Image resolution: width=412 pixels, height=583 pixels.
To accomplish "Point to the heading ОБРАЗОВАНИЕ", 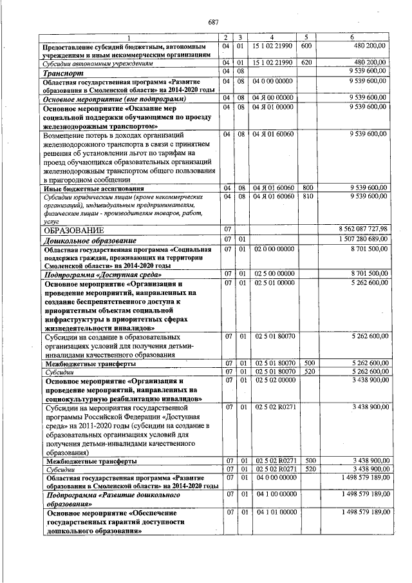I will click(x=70, y=229).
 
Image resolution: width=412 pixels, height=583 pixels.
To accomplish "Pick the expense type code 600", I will click(x=306, y=46).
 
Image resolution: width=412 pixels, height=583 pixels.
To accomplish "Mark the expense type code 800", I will click(x=308, y=187).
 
